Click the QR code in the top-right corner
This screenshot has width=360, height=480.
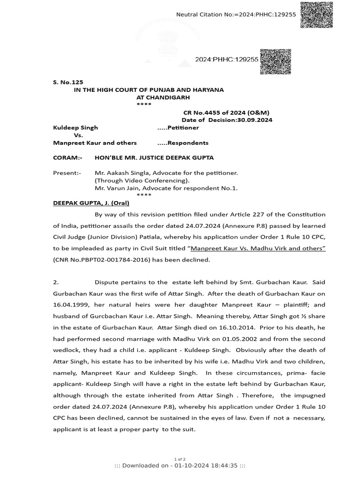coord(316,15)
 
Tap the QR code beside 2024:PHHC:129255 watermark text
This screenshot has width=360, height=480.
coord(275,60)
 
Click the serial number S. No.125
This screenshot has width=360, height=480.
coord(68,82)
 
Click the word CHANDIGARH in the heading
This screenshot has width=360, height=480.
coord(163,97)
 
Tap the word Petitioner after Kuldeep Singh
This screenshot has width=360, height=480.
coord(183,127)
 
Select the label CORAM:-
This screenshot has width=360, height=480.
coord(67,158)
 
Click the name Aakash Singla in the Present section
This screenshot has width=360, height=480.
coord(126,173)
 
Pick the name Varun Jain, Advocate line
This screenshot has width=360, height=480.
coord(166,188)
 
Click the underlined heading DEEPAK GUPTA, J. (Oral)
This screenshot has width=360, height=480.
coord(91,203)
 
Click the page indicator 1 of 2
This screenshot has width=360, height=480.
coord(180,459)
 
